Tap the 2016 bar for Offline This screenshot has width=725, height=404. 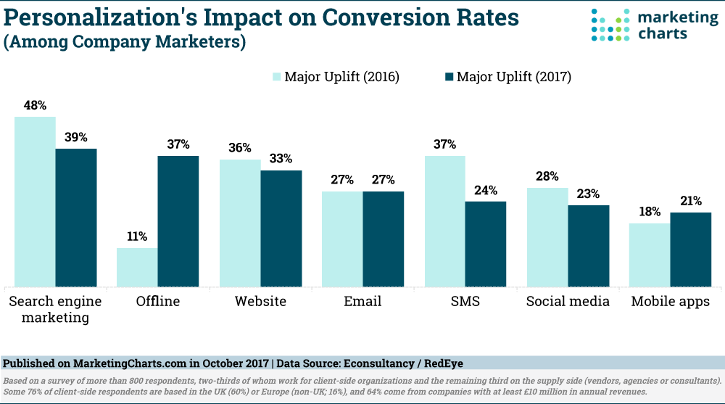point(137,267)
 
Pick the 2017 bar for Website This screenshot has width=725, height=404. point(281,228)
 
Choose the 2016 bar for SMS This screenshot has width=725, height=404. point(445,220)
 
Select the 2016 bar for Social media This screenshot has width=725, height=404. point(547,236)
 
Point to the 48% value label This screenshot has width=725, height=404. point(35,104)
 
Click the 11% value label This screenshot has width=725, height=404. point(137,236)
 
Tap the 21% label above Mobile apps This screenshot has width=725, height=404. point(691,201)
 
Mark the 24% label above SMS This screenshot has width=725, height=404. point(486,190)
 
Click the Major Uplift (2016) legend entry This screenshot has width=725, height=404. point(336,77)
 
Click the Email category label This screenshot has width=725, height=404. point(362,301)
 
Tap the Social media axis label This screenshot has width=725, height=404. point(568,301)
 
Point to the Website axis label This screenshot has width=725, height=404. point(260,301)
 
